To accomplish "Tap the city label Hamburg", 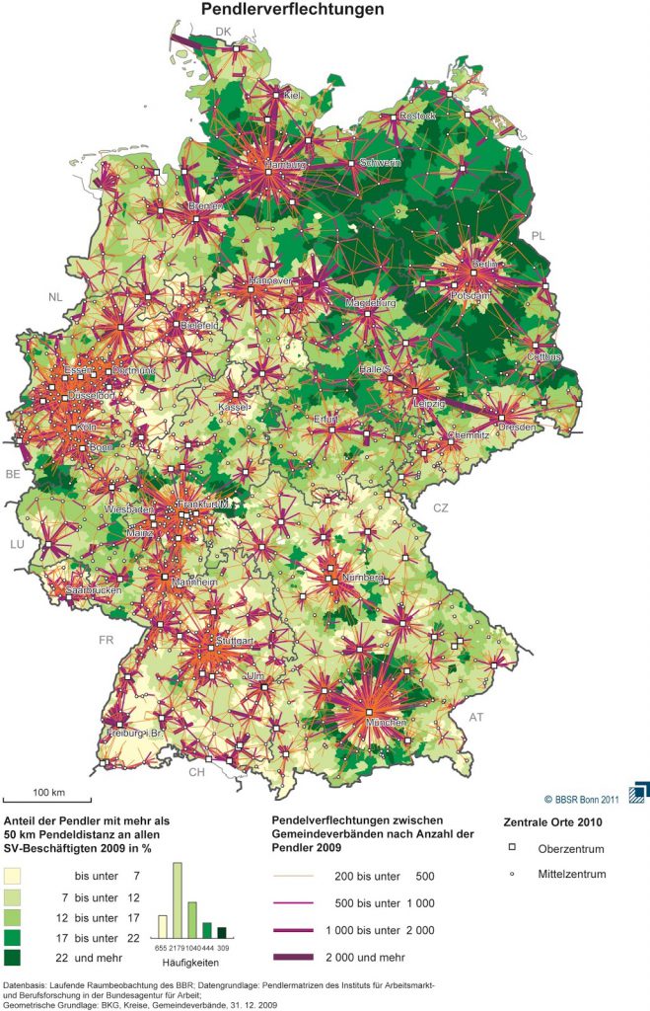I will pos(288,164).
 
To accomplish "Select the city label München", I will pos(387,723).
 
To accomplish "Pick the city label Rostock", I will pos(417,117).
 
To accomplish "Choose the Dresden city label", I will pos(517,428).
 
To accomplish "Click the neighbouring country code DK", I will pos(223,33).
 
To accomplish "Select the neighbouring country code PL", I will pos(538,236).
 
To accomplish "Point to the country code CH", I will pos(197,771).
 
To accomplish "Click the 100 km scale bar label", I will pos(48,793).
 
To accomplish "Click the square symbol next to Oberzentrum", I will pos(513,847).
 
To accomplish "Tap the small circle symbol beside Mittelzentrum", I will pos(513,873).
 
